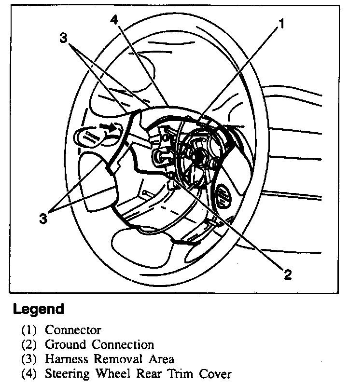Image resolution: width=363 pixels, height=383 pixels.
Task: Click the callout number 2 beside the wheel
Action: (287, 274)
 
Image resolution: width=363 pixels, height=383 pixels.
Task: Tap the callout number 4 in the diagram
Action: (114, 20)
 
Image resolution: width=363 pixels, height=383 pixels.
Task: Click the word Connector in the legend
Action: (73, 330)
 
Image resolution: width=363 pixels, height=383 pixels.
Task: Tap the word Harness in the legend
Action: (67, 359)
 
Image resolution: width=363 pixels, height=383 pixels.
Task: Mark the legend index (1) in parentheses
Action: (28, 330)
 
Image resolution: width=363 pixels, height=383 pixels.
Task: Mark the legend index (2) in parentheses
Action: (28, 345)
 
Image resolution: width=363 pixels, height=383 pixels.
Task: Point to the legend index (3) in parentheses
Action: (28, 359)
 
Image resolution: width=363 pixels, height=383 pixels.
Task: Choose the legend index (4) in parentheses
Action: (28, 374)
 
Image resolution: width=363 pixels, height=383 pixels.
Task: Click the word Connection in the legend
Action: (123, 345)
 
